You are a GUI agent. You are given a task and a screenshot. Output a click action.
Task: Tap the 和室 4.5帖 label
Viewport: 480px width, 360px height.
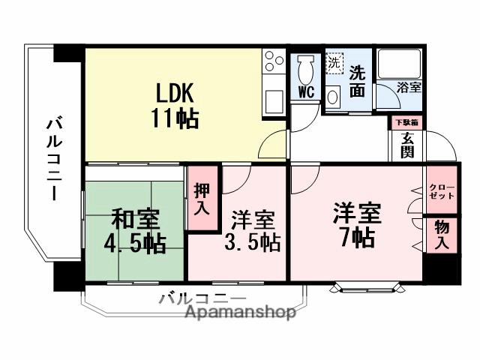(135, 231)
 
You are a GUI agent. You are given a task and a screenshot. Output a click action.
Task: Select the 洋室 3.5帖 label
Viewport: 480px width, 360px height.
(253, 231)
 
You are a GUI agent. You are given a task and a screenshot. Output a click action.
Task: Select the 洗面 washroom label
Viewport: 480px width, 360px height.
(358, 81)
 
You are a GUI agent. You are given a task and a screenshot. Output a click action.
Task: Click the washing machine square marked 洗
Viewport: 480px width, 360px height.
(334, 63)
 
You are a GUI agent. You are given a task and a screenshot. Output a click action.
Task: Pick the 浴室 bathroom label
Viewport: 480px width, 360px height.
(409, 87)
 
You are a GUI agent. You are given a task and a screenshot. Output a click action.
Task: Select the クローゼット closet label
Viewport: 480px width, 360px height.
(437, 191)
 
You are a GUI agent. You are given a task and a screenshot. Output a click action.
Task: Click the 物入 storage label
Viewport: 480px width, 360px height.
(442, 235)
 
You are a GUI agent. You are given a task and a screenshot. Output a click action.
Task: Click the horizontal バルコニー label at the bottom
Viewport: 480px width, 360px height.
(202, 298)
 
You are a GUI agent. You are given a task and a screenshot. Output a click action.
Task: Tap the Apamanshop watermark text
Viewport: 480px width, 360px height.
(239, 313)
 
